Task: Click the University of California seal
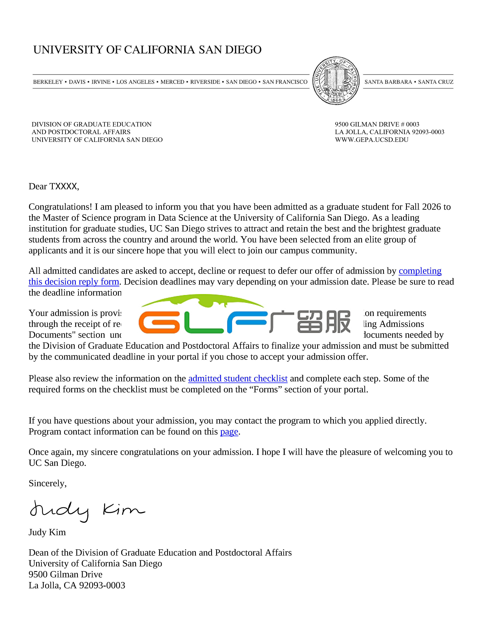(x=336, y=81)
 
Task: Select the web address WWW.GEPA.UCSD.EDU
(x=371, y=140)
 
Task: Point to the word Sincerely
(x=47, y=483)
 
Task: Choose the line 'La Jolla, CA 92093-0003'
(x=77, y=585)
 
